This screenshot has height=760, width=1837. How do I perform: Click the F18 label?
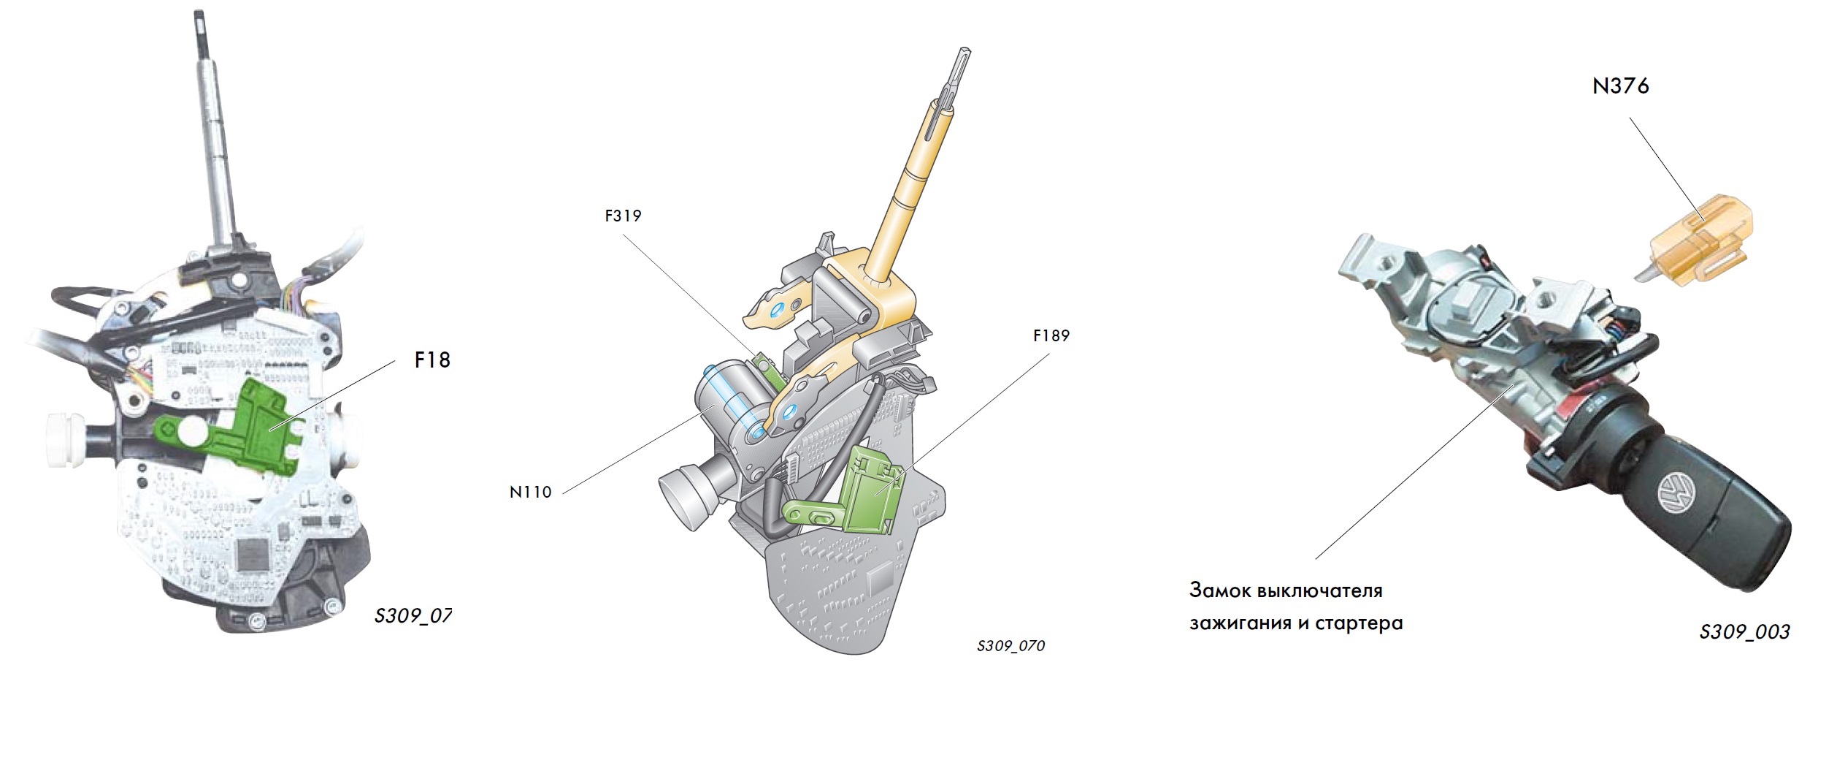point(432,360)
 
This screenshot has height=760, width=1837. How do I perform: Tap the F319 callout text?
point(623,216)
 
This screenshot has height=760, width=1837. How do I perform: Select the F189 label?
point(1051,336)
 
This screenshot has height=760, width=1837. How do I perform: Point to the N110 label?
point(530,493)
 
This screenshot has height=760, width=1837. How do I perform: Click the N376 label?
point(1620,86)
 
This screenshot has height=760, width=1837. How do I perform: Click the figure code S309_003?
point(1744,632)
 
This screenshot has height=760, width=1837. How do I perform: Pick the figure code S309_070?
point(1010,646)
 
